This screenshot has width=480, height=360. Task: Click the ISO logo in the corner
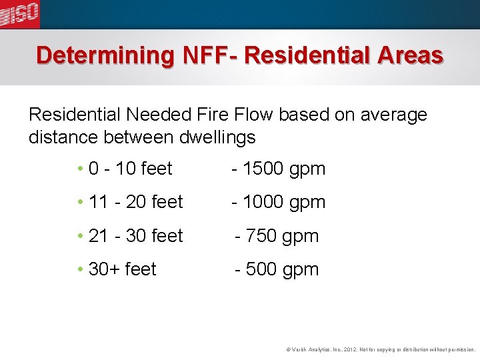tap(19, 14)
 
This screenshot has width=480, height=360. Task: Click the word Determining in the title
tap(105, 55)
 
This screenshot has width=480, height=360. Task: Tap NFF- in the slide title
tap(209, 55)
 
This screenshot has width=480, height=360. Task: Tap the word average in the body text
tap(393, 115)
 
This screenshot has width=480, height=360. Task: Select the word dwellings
tap(218, 138)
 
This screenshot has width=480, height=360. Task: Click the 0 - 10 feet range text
tap(130, 169)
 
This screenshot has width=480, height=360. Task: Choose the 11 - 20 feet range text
tap(135, 202)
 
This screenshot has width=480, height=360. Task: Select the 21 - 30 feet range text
tap(135, 236)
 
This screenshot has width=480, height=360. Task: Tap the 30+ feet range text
tap(122, 269)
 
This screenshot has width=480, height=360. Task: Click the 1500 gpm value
tap(284, 169)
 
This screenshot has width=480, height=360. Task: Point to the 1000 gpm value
tap(284, 202)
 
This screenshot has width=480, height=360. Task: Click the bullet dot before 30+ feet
tap(79, 269)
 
